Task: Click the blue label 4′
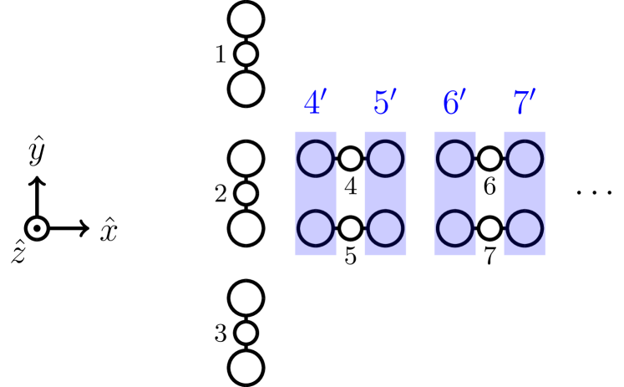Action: click(315, 104)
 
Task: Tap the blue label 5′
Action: click(385, 104)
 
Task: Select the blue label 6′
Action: click(454, 104)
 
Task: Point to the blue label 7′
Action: click(524, 104)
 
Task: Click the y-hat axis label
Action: click(37, 150)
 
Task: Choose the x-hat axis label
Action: click(109, 228)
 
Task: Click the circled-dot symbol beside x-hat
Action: click(37, 228)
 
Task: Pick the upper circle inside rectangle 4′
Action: click(316, 159)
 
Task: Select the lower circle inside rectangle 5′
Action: click(386, 228)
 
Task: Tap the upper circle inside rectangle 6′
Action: click(455, 159)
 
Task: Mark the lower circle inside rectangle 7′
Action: click(525, 228)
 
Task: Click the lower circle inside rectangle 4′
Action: click(316, 228)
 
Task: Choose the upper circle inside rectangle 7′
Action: click(525, 159)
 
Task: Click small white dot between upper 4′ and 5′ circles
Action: click(351, 159)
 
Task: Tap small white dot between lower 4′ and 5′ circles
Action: click(351, 228)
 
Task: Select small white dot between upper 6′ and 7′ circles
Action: click(490, 159)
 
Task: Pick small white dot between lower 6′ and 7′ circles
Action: click(490, 228)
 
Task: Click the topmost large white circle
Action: click(246, 19)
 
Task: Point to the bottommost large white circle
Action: click(246, 368)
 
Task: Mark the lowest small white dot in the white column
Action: click(246, 333)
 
